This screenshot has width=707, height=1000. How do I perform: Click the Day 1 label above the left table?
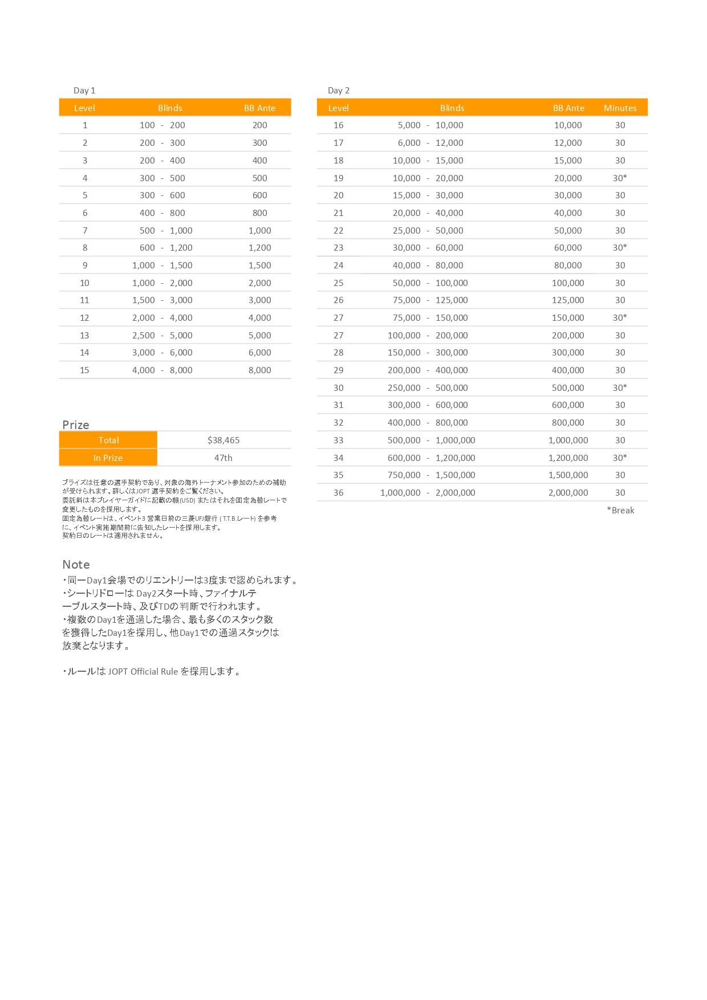point(84,91)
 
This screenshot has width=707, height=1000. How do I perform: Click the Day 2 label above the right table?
point(339,91)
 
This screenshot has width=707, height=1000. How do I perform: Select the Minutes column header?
point(620,108)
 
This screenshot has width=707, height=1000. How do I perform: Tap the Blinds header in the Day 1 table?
point(170,108)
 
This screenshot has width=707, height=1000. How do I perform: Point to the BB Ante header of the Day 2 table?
point(568,108)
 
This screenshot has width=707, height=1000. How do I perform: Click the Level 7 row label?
point(85,231)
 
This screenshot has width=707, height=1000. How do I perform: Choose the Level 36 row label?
point(339,493)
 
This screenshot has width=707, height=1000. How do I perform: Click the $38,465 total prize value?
point(224,440)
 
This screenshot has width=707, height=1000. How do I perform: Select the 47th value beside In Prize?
point(224,458)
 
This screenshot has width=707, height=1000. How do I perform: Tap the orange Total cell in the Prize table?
point(108,440)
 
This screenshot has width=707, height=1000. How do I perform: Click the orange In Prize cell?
point(108,458)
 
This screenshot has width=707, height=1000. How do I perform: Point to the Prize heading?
point(76,425)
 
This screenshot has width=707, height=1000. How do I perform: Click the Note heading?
point(76,565)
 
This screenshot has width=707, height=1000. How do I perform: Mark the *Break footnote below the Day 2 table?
point(620,511)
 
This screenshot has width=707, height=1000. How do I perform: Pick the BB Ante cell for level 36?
point(568,493)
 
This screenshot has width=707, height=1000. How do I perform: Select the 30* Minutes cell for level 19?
point(620,178)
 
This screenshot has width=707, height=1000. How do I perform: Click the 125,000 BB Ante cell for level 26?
point(568,300)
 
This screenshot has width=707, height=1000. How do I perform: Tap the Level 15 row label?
point(84,370)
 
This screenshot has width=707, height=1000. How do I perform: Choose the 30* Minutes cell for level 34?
point(620,458)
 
